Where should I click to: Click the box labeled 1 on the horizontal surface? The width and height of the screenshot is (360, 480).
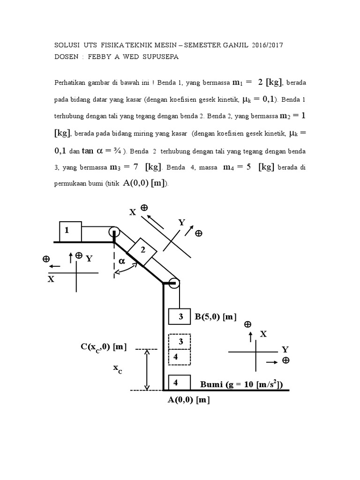pos(70,231)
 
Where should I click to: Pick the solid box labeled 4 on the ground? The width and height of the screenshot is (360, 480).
pos(178,382)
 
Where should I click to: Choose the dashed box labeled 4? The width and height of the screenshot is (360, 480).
pos(180,357)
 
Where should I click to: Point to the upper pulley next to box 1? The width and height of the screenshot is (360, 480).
pos(114,232)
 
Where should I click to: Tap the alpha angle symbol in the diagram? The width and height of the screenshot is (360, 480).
pos(122,261)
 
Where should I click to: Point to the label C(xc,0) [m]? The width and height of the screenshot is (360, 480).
pos(104,346)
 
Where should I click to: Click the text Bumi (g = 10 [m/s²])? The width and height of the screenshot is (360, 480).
pos(241,385)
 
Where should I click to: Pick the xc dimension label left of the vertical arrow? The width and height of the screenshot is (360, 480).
pos(118,369)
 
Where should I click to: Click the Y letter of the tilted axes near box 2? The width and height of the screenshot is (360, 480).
pos(181,223)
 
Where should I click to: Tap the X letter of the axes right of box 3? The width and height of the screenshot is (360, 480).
pos(263,333)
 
